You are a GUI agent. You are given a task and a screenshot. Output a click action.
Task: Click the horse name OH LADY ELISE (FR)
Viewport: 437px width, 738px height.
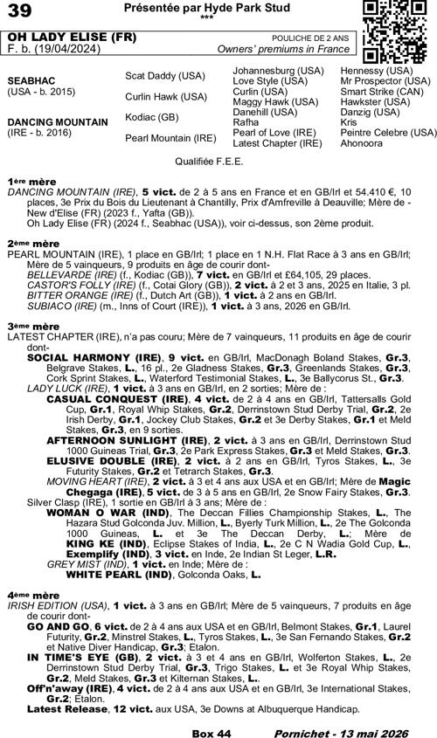point(60,38)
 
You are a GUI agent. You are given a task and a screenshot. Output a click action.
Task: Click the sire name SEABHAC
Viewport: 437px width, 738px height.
point(32,78)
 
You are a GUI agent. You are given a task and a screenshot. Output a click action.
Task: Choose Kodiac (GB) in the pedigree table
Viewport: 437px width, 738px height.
point(152,116)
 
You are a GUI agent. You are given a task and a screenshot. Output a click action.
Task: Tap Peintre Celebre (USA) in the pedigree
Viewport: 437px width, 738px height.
point(388,132)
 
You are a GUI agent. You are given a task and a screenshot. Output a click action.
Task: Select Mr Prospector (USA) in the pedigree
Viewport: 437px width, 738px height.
point(385,80)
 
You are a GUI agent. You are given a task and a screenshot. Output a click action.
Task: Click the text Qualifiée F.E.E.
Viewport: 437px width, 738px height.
point(217,162)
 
